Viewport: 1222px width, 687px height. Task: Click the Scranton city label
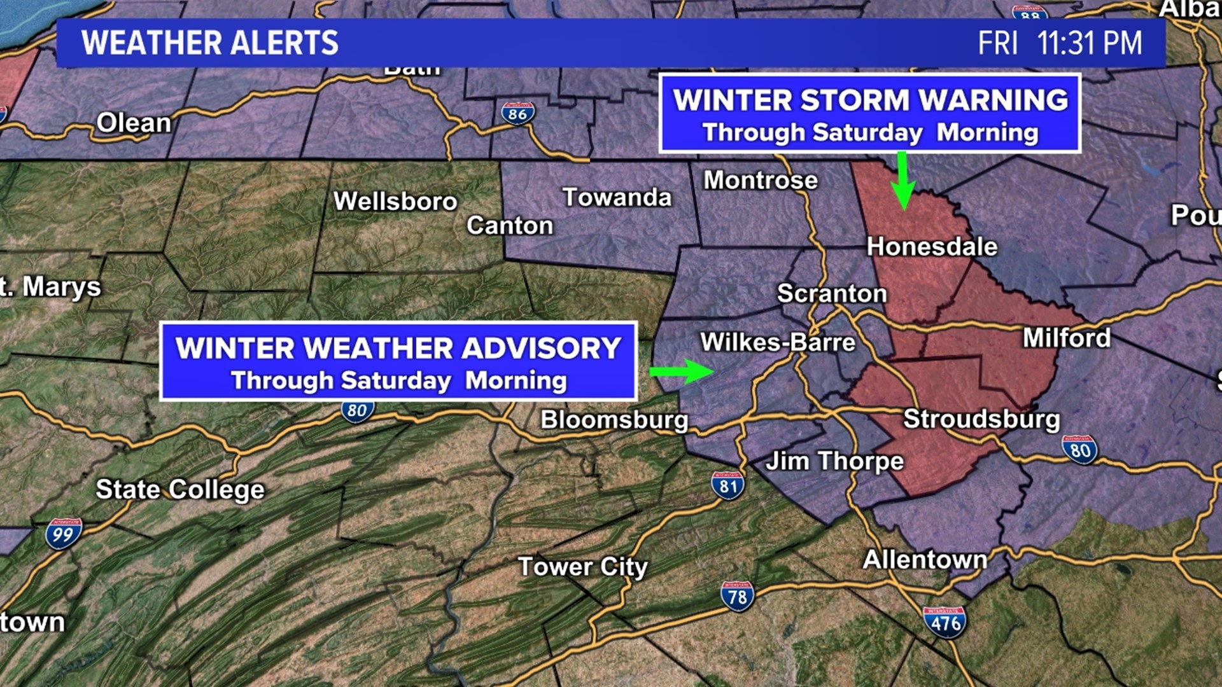[x=832, y=293]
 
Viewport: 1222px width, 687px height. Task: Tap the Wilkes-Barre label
[x=778, y=342]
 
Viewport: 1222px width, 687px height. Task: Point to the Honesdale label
[x=932, y=246]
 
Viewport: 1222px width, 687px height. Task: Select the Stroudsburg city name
[x=981, y=419]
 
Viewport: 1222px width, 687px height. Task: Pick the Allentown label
[x=925, y=560]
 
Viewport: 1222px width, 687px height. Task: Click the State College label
[x=180, y=489]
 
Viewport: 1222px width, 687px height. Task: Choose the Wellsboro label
[x=395, y=201]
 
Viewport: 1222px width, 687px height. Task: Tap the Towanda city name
[x=617, y=197]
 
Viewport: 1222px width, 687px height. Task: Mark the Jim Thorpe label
[x=834, y=461]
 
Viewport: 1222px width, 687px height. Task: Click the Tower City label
[x=582, y=566]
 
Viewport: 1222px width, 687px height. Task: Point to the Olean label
[x=134, y=123]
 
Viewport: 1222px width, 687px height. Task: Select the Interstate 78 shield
[x=737, y=596]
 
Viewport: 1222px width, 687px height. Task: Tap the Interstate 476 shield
[x=945, y=622]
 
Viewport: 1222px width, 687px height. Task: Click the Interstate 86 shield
[x=517, y=113]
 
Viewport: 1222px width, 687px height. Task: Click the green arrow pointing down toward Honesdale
[x=902, y=181]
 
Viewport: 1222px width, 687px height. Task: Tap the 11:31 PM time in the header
[x=1089, y=43]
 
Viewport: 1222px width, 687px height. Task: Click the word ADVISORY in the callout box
[x=541, y=348]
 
